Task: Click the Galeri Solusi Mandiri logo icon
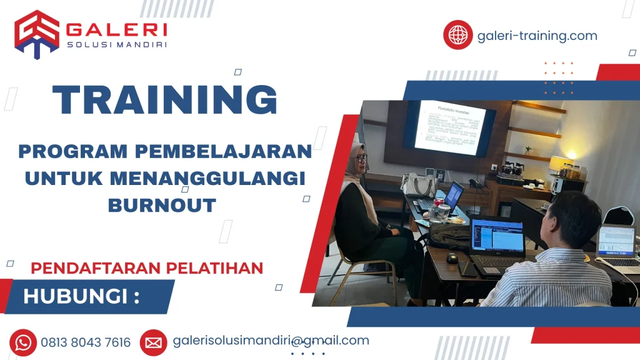tap(37, 34)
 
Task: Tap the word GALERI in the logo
tap(116, 29)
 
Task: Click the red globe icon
tap(458, 35)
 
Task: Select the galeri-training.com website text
tap(537, 36)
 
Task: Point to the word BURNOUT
tap(162, 204)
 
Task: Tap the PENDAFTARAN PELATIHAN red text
tap(147, 268)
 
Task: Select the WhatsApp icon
tap(23, 342)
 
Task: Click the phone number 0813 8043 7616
tap(86, 342)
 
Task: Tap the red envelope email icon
tap(153, 342)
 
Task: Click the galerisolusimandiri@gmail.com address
tap(271, 341)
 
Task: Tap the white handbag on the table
tap(419, 184)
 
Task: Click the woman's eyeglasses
tap(361, 159)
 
